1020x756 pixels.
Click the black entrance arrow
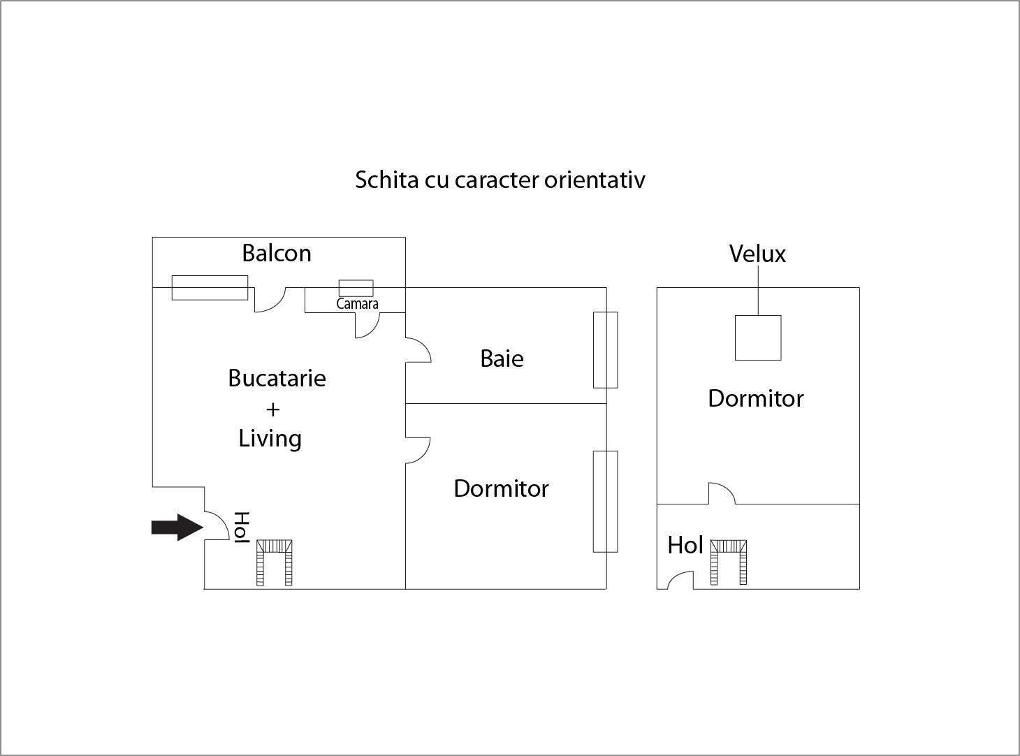(x=177, y=527)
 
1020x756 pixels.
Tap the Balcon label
(x=277, y=253)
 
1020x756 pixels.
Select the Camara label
(x=357, y=304)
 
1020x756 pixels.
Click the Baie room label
(x=502, y=358)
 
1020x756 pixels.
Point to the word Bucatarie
(x=277, y=378)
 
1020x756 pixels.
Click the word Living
(x=270, y=439)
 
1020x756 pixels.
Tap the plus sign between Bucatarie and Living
(x=272, y=409)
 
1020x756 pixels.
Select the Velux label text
(x=757, y=254)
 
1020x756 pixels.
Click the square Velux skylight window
(x=758, y=337)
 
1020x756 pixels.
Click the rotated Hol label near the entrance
(x=241, y=528)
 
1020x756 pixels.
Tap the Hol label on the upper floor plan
(x=685, y=545)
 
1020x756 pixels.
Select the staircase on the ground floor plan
(x=275, y=562)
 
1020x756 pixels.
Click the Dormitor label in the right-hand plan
(x=755, y=398)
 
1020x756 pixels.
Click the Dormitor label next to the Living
(x=501, y=488)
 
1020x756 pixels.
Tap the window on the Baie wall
(x=606, y=349)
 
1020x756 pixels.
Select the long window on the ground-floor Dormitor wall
(x=606, y=501)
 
